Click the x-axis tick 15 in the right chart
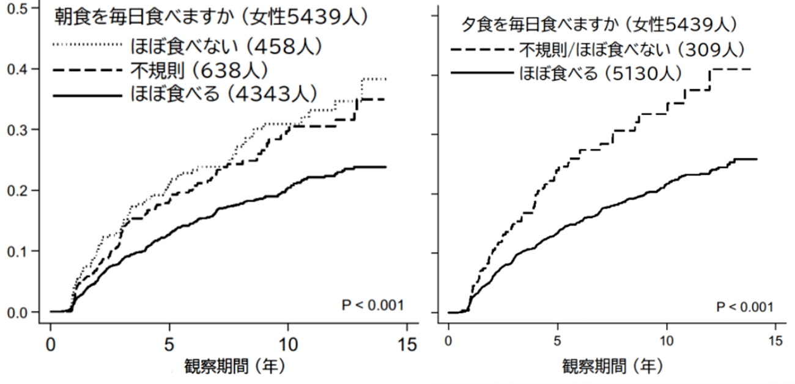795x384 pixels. coord(775,340)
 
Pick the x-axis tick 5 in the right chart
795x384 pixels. coord(557,340)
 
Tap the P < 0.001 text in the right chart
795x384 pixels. coord(744,306)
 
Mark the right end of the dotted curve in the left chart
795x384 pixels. coord(386,79)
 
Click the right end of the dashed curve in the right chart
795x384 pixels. coord(750,69)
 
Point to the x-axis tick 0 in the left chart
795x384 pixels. coord(51,344)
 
